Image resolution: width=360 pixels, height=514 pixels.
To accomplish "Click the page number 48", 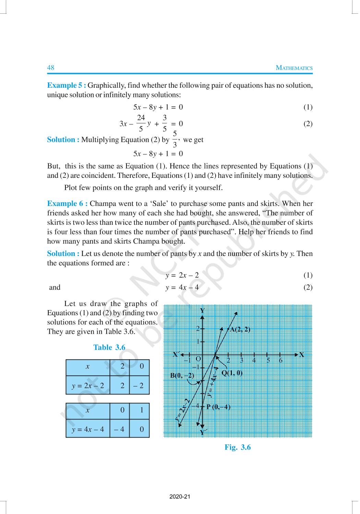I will click(50, 68).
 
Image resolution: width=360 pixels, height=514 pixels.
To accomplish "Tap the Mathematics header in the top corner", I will click(294, 68).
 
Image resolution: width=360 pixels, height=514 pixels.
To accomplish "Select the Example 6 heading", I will click(67, 204).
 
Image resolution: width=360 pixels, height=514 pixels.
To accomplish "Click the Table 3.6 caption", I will click(109, 347).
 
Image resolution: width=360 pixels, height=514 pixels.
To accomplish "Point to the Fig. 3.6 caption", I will click(238, 447).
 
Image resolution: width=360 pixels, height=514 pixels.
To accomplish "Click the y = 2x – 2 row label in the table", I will click(88, 386).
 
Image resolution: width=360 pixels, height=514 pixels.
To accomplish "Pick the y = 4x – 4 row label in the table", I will click(88, 429).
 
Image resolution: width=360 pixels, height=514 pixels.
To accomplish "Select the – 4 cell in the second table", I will click(119, 429).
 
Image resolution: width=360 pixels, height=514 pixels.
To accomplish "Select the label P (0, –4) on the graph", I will click(218, 407).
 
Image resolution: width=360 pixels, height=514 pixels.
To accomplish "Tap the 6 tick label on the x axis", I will click(280, 360).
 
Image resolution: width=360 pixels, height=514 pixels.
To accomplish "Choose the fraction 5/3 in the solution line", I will click(175, 139).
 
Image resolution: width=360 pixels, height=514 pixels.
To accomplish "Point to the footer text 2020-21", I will click(180, 497).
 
